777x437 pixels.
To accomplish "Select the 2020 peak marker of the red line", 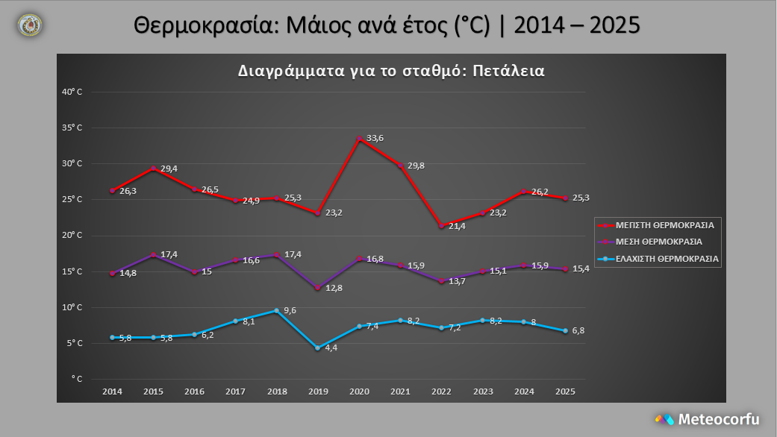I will coord(359,139).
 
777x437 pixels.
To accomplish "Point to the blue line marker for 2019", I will coord(317,348).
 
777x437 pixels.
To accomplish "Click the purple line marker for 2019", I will coord(317,287).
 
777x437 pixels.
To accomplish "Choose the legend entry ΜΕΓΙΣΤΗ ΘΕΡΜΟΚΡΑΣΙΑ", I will coord(664,224).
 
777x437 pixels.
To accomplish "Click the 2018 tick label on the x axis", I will coord(277,391).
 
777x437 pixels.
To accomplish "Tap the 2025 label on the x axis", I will coord(564,391).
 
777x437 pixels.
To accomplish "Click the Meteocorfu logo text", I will coord(718,419).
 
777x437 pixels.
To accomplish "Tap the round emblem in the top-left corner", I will coord(30,25).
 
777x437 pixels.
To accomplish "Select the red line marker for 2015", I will coord(154,169).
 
